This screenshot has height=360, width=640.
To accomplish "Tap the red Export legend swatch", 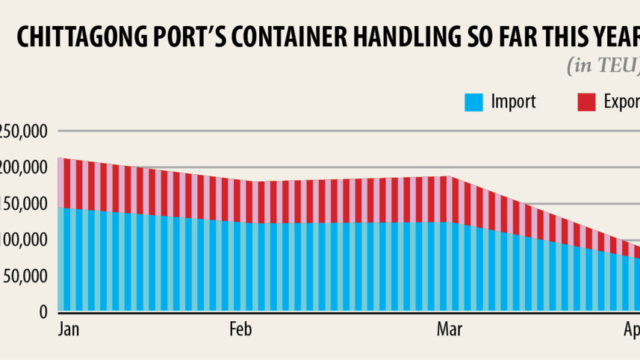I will pos(587,102).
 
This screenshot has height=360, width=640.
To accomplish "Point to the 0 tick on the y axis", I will pos(44,312).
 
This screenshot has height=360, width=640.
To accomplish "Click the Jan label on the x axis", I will pos(68,329).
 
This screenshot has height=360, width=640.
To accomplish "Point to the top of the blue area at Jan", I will pos(59,208).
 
